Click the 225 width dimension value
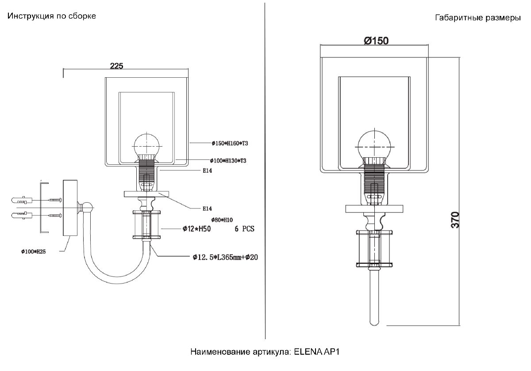pyautogui.click(x=116, y=66)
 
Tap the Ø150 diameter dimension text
pyautogui.click(x=376, y=41)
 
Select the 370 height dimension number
pyautogui.click(x=455, y=220)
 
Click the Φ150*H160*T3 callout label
pyautogui.click(x=230, y=143)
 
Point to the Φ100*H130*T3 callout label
pyautogui.click(x=228, y=161)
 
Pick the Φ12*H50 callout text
pyautogui.click(x=196, y=229)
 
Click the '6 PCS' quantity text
pyautogui.click(x=244, y=229)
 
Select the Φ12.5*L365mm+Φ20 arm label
pyautogui.click(x=225, y=257)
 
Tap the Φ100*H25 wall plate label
pyautogui.click(x=34, y=251)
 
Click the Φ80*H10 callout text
pyautogui.click(x=222, y=220)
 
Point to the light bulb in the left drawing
pyautogui.click(x=146, y=145)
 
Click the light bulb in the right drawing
pyautogui.click(x=374, y=146)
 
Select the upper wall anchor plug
pyautogui.click(x=21, y=200)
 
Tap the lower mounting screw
pyautogui.click(x=55, y=216)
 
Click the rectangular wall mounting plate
pyautogui.click(x=70, y=208)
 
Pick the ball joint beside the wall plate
pyautogui.click(x=87, y=208)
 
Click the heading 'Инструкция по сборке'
pyautogui.click(x=52, y=16)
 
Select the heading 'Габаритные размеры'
pyautogui.click(x=478, y=18)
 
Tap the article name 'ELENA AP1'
pyautogui.click(x=317, y=352)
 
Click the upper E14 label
pyautogui.click(x=207, y=170)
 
